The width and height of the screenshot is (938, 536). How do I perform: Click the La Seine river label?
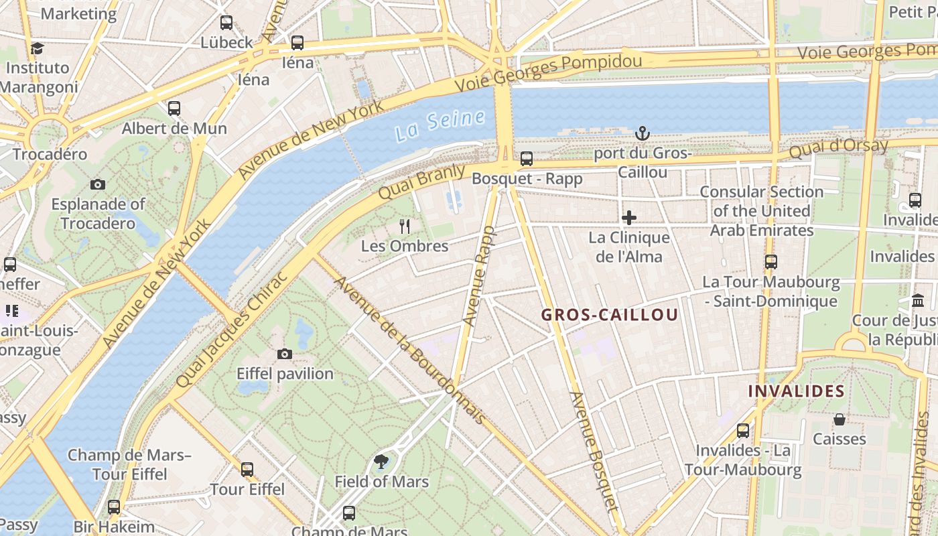point(440,125)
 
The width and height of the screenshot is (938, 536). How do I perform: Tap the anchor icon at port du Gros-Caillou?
point(643,133)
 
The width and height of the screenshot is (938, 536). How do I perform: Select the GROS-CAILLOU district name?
point(609,315)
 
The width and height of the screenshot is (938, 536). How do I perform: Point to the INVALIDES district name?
point(796,391)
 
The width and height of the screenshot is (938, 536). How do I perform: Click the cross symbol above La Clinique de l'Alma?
point(629,218)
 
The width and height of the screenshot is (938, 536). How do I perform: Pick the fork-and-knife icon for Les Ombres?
point(404,226)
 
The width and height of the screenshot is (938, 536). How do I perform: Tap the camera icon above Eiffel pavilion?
point(285,354)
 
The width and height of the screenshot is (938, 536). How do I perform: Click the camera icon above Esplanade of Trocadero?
point(98,184)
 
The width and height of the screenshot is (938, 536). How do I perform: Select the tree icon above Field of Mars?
point(381,462)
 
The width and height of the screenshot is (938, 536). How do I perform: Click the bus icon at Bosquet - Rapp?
point(527,159)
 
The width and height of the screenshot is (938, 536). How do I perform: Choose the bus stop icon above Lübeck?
point(226,22)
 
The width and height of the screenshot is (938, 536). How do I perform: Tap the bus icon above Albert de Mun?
point(174,108)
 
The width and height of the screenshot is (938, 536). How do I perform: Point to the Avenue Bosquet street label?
point(593,450)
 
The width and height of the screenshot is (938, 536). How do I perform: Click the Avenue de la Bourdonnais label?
point(409,350)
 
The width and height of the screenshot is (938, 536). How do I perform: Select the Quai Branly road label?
point(421,182)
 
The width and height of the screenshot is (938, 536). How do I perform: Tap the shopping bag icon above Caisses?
point(839,419)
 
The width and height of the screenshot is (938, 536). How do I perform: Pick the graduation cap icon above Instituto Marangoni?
point(37,48)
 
